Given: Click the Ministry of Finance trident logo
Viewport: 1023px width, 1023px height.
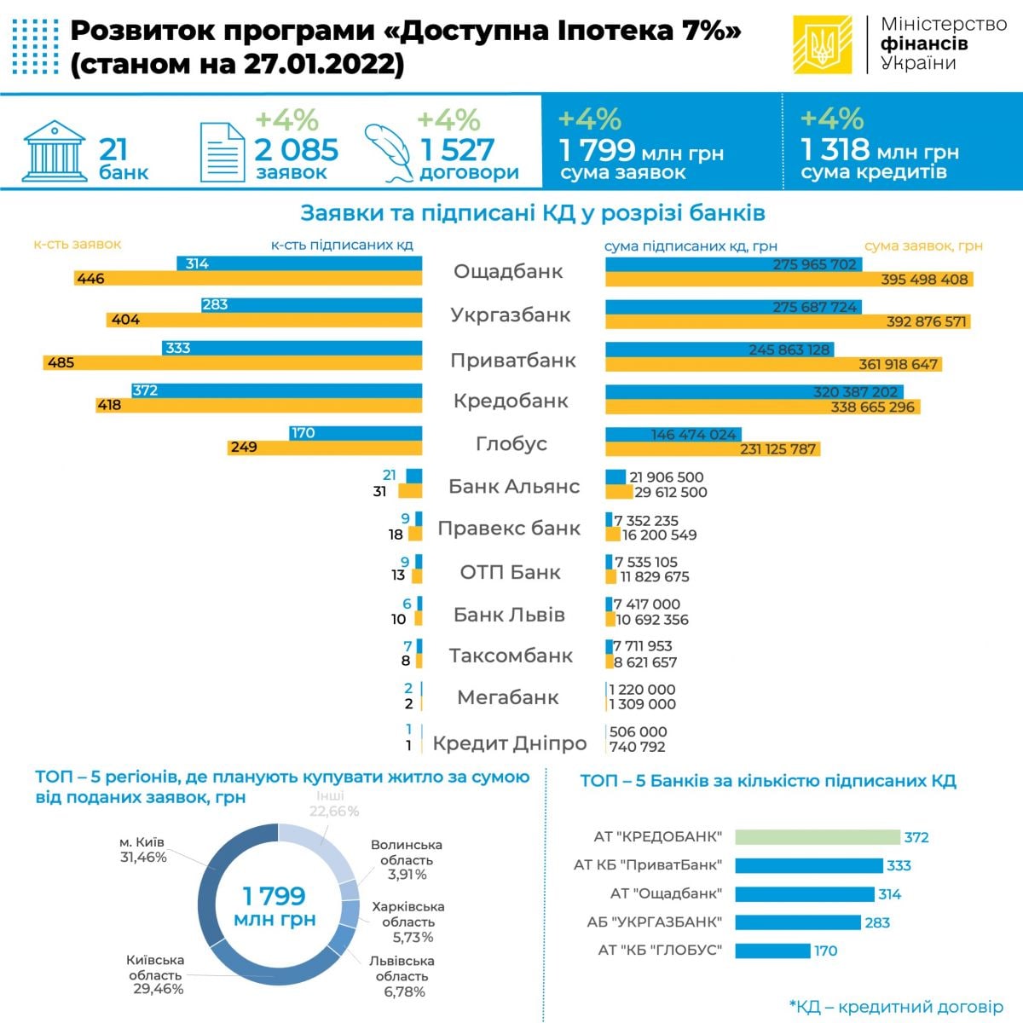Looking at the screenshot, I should point(822,45).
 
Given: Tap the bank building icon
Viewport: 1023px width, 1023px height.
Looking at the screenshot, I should point(54,151).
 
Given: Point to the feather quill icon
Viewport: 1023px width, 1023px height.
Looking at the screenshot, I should point(389,151).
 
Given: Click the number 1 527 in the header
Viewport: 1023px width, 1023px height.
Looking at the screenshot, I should point(457,150).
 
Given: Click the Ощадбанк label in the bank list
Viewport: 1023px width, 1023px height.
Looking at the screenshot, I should point(508,272).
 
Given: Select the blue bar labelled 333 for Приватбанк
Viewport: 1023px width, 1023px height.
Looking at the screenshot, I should point(292,348).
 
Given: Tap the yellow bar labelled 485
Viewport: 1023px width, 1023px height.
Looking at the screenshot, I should point(233,362).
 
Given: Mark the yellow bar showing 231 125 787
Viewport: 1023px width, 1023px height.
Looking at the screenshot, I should point(713,448).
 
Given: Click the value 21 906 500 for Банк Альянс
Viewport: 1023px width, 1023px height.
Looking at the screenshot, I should point(666,477).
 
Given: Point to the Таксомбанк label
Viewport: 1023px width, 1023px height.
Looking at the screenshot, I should point(511,656).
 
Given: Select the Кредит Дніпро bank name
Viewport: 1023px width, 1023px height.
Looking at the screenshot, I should point(510,743).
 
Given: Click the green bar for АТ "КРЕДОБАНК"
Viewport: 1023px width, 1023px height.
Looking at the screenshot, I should point(817,837).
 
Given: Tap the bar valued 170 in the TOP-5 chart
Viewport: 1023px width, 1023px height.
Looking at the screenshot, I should point(772,951).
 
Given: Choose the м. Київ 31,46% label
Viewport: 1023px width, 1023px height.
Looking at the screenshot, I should point(142,850).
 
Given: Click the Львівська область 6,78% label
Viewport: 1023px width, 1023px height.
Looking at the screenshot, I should point(402,976).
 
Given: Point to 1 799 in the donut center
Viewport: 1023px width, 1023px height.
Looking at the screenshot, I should point(274,896).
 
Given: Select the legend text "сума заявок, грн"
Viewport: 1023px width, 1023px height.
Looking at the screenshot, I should point(923,246).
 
